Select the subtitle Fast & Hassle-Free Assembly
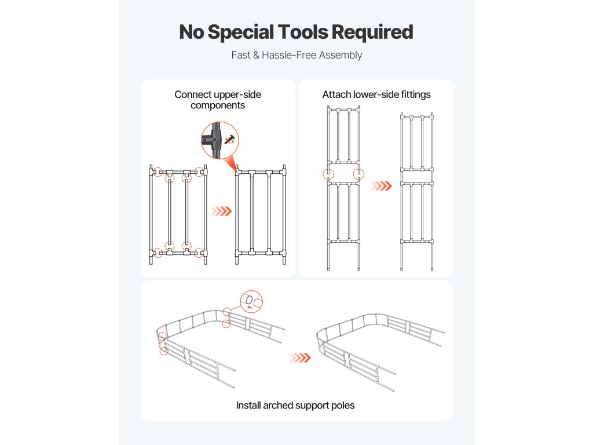(296, 55)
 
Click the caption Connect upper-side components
(218, 100)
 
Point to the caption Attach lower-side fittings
(376, 94)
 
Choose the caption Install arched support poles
(295, 405)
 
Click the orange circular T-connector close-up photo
(220, 140)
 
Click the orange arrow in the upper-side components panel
(221, 211)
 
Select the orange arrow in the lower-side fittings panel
(380, 186)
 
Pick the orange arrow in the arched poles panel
(301, 358)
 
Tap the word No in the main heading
(191, 32)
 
